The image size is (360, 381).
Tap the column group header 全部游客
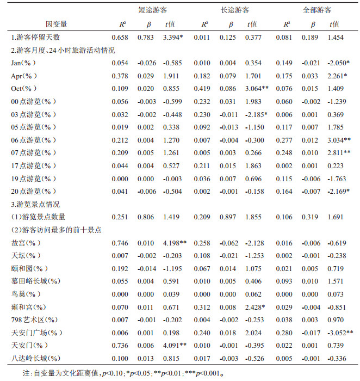tap(317, 10)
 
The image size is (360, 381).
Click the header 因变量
tap(57, 24)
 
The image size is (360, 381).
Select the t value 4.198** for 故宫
tap(176, 242)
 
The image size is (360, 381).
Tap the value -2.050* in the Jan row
tap(338, 63)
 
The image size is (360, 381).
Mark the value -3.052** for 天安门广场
tap(340, 332)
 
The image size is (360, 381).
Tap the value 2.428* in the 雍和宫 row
tap(255, 306)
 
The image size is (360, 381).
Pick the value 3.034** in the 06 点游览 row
tap(340, 139)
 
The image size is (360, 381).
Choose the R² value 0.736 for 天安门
tap(120, 345)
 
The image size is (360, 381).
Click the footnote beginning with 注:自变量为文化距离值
tap(122, 374)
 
